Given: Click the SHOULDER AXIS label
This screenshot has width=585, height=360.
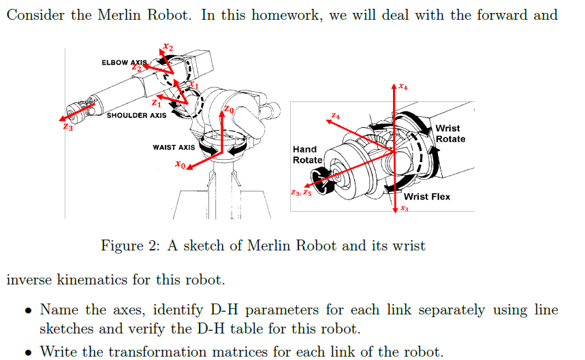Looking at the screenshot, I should point(136,116).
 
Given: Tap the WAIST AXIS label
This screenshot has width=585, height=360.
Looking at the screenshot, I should point(174,147).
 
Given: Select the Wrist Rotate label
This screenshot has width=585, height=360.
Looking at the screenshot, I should point(450,133).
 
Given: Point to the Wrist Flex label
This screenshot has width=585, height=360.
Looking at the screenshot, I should point(427,197).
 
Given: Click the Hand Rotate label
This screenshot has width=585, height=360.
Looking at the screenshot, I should point(304,154).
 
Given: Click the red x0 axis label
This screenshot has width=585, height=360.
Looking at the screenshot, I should point(179,164).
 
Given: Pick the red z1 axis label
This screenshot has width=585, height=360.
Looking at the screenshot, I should point(157,103).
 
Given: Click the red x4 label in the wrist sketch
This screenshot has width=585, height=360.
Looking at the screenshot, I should point(404,87).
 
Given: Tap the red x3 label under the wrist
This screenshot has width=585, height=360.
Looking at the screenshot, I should point(404,210).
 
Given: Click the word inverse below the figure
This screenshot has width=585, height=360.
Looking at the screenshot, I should point(31,280).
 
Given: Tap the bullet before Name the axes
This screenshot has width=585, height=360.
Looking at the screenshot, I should point(28,310).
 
